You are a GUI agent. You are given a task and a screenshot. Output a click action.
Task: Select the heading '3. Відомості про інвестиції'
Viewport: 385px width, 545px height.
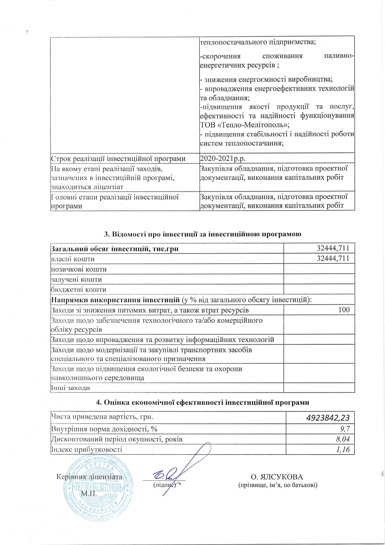[203, 234]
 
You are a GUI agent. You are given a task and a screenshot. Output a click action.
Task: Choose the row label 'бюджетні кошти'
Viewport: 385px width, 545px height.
[77, 290]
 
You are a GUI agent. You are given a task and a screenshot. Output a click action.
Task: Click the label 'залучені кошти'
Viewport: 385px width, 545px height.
[76, 280]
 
